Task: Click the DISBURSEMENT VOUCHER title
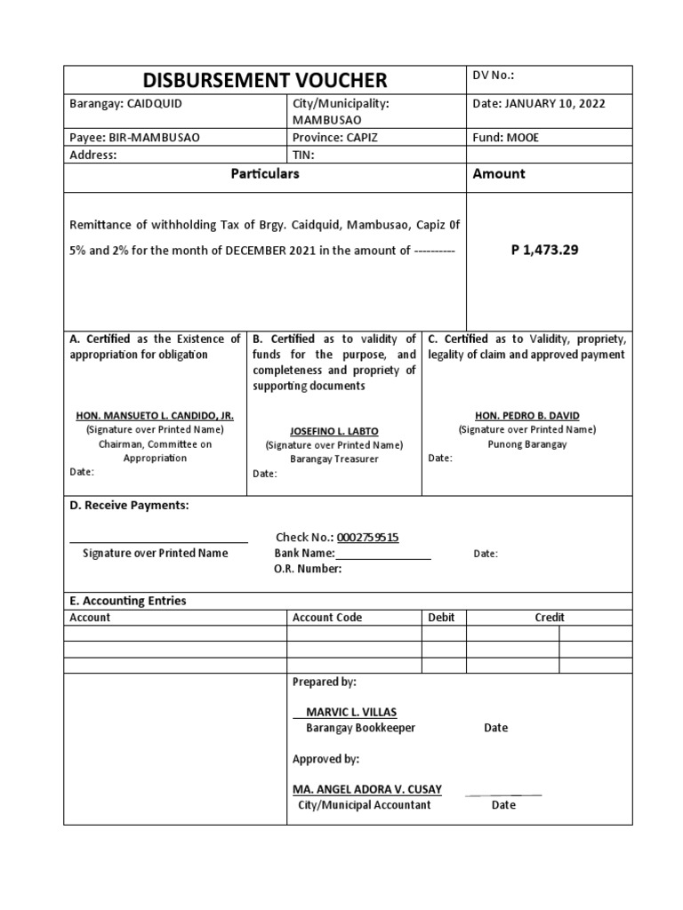tap(265, 80)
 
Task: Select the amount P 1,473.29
tap(544, 250)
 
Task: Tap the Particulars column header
tap(265, 174)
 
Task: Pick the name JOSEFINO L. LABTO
tap(333, 431)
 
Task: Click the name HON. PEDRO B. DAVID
tap(527, 415)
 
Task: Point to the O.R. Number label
tap(308, 569)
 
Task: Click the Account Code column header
tap(327, 618)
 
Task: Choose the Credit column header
tap(549, 618)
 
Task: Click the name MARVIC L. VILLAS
tap(351, 712)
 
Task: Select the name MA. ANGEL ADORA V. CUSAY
tap(366, 789)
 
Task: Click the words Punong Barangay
tap(527, 444)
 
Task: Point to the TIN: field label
tap(304, 155)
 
